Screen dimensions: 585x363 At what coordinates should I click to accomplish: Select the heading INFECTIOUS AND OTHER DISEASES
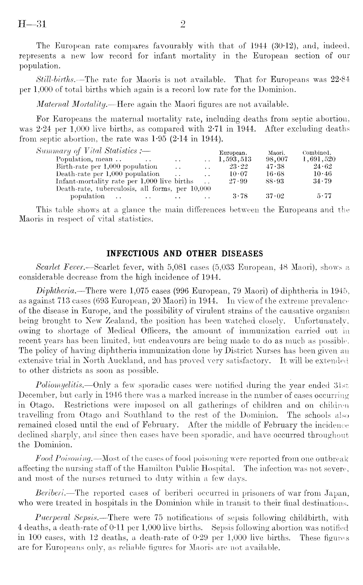[185, 253]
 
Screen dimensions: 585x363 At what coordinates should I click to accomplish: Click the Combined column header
[317, 153]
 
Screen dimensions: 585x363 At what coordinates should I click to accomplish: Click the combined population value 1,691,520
[318, 159]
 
